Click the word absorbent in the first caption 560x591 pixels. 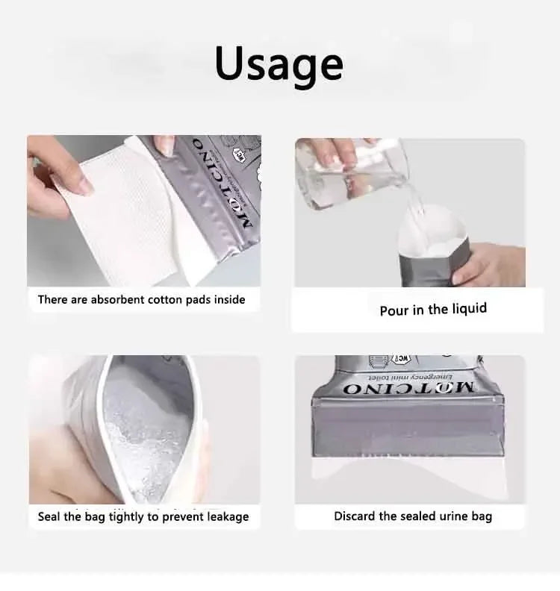120,299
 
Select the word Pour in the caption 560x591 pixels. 393,310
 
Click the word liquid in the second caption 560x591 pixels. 467,309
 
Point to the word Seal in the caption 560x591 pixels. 50,516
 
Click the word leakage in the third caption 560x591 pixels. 223,516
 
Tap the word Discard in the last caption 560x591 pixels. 355,516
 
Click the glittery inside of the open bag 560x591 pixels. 146,425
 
